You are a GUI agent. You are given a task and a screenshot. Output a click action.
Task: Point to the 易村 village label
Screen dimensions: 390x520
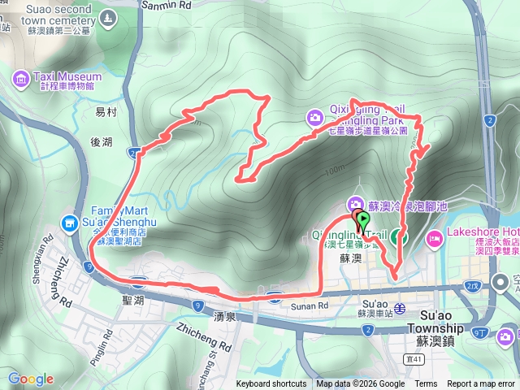pos(106,113)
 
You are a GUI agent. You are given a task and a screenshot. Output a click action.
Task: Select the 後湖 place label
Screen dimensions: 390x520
pos(102,142)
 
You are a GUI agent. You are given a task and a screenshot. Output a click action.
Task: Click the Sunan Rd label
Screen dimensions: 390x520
pos(311,305)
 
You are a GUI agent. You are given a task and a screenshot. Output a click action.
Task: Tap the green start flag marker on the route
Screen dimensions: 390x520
pos(362,219)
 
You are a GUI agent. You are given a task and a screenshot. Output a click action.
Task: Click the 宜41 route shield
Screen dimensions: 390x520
pos(414,358)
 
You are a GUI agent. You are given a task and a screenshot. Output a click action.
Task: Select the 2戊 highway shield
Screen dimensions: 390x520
pos(473,285)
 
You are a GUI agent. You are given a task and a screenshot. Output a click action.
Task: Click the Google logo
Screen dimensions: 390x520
pos(30,379)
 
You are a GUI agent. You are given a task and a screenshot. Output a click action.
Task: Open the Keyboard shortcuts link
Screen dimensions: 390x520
pos(271,384)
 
